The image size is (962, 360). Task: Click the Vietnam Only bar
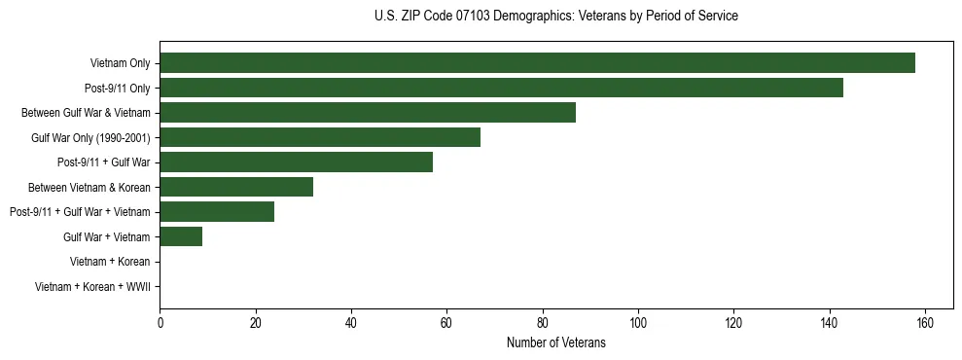(x=537, y=63)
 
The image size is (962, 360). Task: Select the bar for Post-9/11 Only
(x=501, y=88)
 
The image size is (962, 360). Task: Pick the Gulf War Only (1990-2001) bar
(x=320, y=137)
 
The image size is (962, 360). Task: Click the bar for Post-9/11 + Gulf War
(x=296, y=162)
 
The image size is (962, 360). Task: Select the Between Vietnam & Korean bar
(x=236, y=187)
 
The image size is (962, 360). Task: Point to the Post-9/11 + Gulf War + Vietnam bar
(x=217, y=212)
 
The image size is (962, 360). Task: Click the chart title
(x=555, y=17)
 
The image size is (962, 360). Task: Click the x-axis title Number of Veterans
(x=555, y=342)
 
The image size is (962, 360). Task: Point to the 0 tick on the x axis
(x=160, y=323)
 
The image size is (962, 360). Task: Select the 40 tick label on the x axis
(x=351, y=323)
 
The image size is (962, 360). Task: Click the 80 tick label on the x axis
(x=543, y=323)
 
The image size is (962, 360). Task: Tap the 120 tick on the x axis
(x=733, y=323)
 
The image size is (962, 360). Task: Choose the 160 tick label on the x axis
(x=925, y=323)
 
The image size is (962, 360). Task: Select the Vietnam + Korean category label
(x=110, y=262)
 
